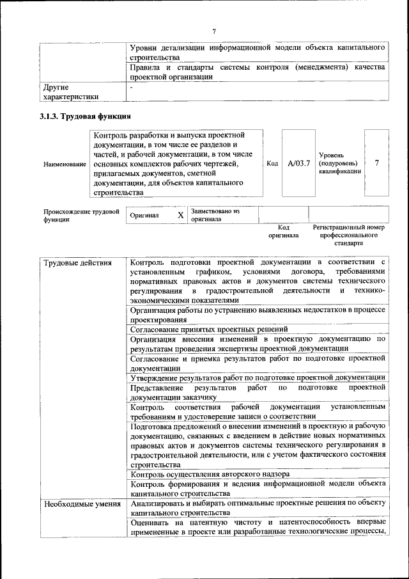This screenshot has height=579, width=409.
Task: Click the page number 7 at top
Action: click(x=215, y=31)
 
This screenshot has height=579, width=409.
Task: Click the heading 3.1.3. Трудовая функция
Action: click(x=85, y=116)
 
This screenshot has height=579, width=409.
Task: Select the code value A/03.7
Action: click(x=298, y=163)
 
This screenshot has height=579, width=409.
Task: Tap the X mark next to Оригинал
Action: click(x=180, y=216)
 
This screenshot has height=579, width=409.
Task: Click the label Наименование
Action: click(x=65, y=164)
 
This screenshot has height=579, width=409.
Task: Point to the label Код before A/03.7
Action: click(x=272, y=163)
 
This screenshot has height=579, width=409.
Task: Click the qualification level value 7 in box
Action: click(x=377, y=163)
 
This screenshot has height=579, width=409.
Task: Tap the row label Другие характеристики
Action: click(x=71, y=91)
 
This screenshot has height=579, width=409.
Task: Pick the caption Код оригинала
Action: click(x=284, y=231)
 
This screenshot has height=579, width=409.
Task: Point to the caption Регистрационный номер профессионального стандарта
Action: click(x=348, y=235)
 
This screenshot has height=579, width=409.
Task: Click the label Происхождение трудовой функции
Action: click(x=81, y=215)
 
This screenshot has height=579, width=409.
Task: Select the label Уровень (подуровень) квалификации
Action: click(x=340, y=163)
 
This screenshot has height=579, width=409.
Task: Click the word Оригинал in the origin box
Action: click(x=144, y=216)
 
